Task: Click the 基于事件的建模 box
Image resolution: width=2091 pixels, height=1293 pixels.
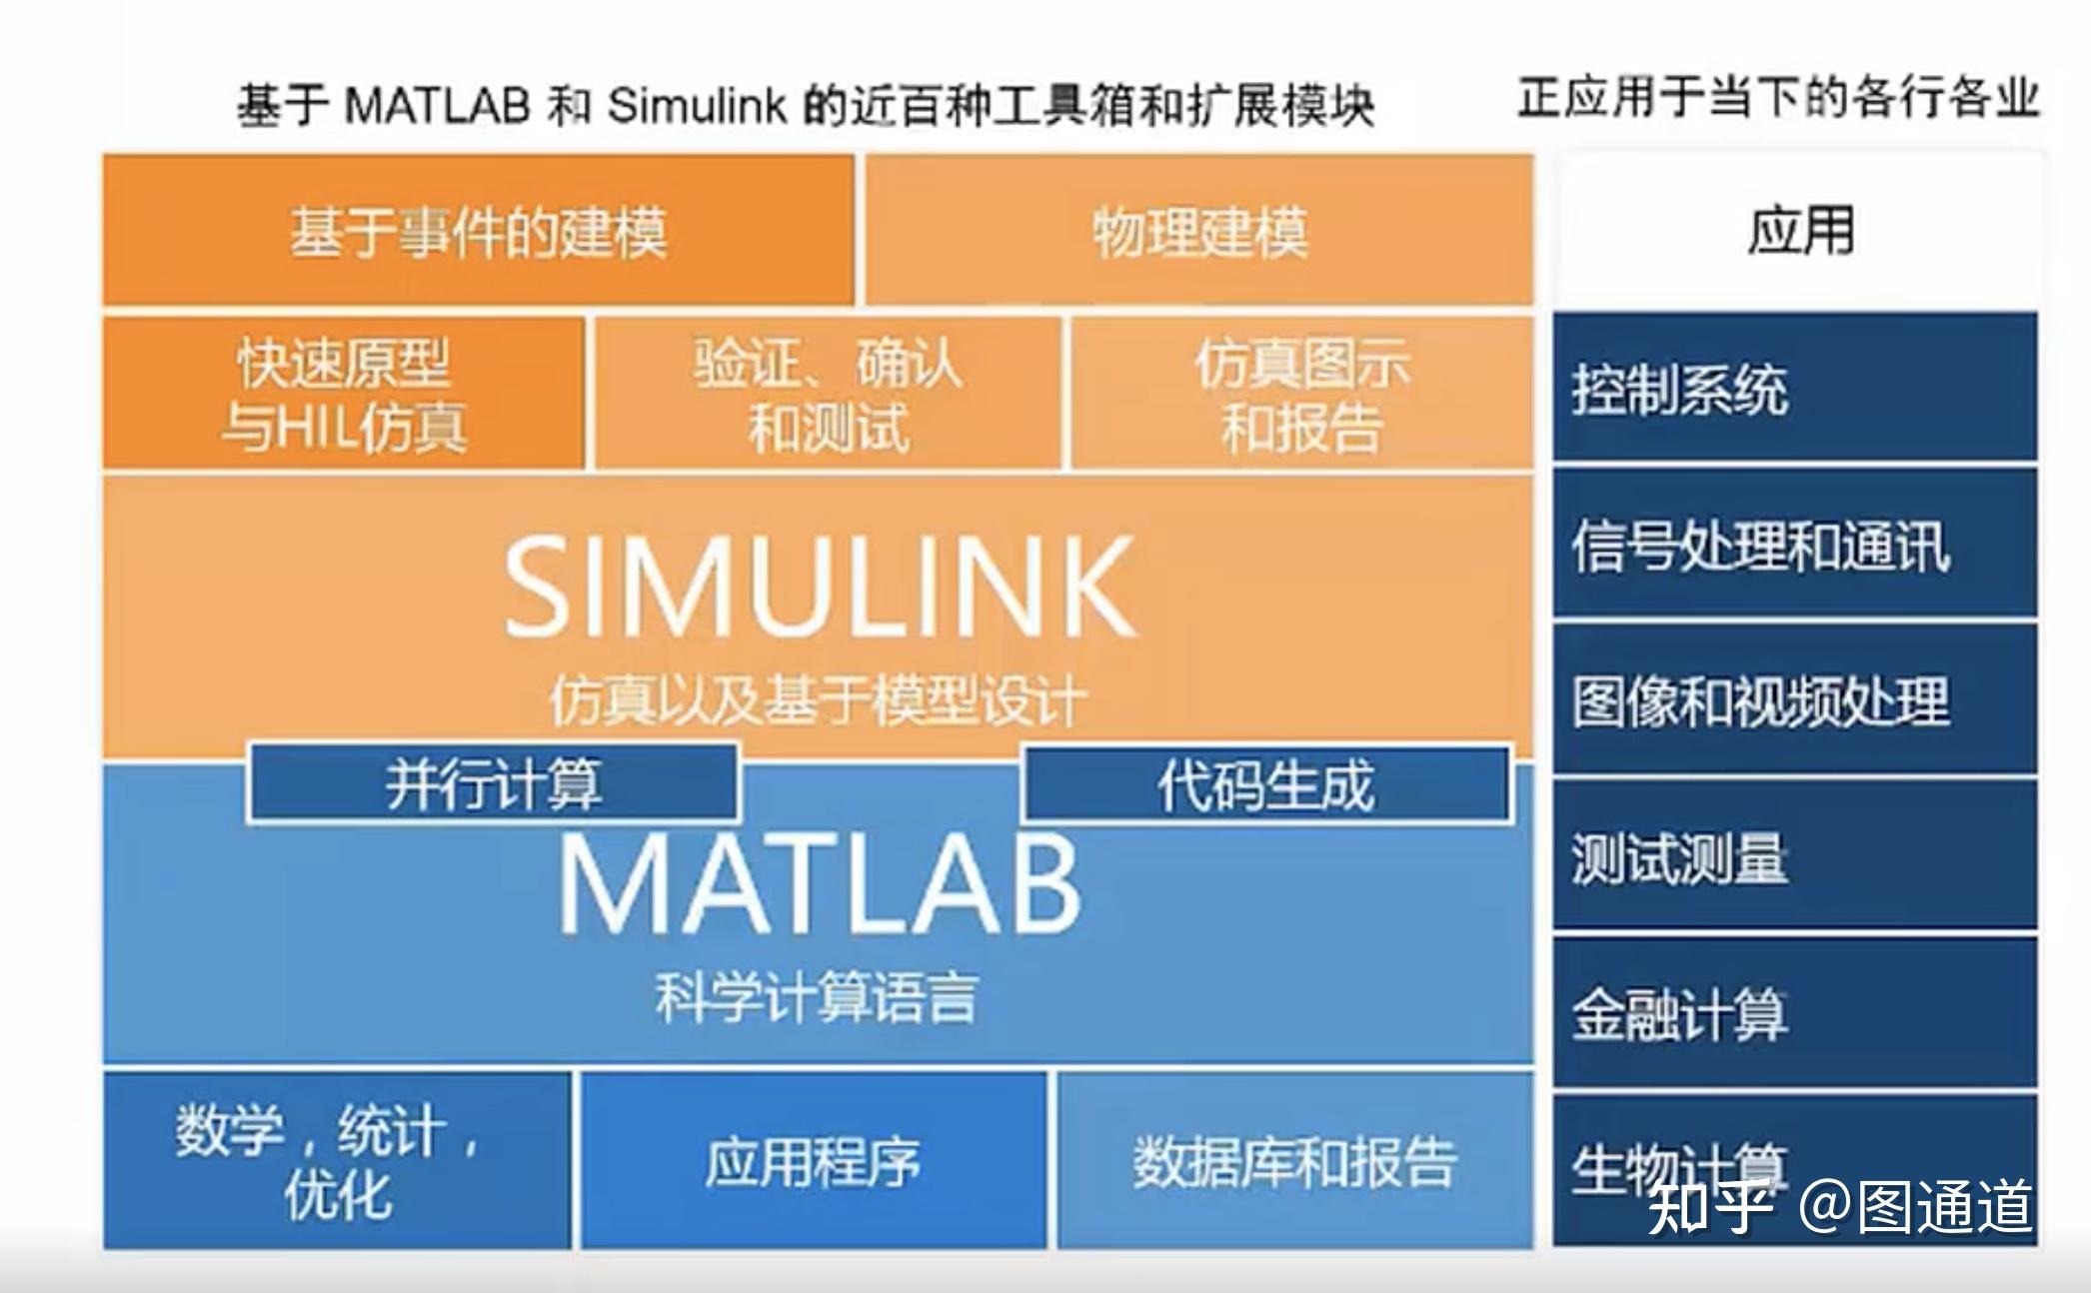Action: (x=478, y=231)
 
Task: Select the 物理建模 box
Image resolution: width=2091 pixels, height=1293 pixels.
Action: (x=1198, y=231)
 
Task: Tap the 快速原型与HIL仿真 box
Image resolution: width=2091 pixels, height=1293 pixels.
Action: (x=343, y=394)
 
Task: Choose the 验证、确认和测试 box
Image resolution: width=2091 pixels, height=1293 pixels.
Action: (x=828, y=394)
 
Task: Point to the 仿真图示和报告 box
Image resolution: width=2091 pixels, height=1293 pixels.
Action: (x=1301, y=394)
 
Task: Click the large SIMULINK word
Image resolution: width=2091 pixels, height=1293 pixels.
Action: (x=820, y=587)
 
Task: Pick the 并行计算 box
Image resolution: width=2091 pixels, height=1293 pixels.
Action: (x=493, y=783)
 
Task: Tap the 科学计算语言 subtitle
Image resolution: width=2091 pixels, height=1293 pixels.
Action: (x=816, y=996)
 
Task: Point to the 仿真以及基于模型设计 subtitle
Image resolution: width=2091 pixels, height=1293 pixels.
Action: (x=818, y=699)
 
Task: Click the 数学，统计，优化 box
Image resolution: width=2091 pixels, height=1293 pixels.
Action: (x=337, y=1161)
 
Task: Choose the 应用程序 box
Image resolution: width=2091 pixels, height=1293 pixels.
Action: (x=813, y=1161)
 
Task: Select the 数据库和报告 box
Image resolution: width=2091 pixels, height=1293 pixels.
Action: (x=1294, y=1161)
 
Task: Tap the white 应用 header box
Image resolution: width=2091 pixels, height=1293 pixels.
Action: (x=1799, y=231)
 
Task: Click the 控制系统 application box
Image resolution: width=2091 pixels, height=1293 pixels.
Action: (x=1794, y=388)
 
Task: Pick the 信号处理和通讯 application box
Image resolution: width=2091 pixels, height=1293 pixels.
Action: (x=1794, y=545)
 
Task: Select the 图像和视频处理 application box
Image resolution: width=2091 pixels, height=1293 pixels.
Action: (x=1794, y=700)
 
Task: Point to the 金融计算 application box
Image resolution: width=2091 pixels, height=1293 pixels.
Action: (x=1794, y=1013)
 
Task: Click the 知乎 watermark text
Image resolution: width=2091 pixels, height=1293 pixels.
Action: (x=1709, y=1207)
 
